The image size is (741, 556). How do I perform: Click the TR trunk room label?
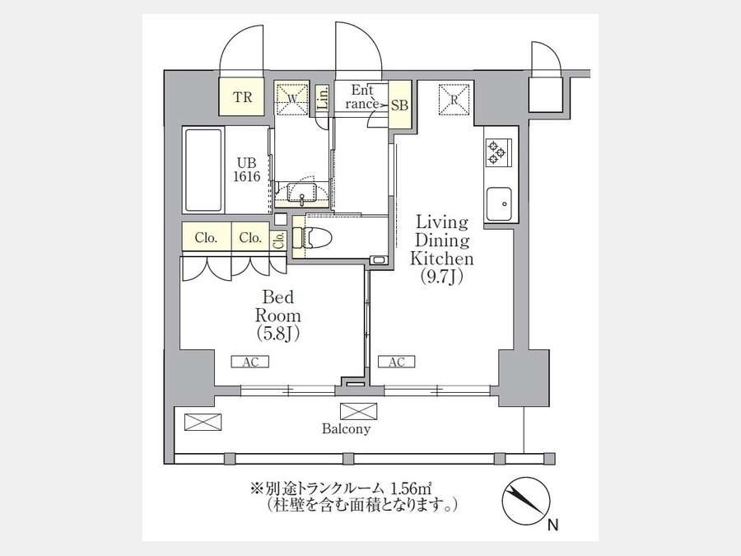tap(242, 97)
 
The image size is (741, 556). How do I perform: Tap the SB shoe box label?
tap(399, 105)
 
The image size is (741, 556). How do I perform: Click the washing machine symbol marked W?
tap(292, 99)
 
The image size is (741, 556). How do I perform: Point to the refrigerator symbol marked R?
tap(454, 100)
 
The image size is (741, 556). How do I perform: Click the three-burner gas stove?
tap(497, 152)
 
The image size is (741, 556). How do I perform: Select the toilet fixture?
tap(312, 237)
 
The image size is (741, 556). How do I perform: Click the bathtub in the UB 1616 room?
tap(203, 171)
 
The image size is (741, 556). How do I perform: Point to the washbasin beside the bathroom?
tap(302, 193)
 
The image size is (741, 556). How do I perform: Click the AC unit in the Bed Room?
tap(250, 362)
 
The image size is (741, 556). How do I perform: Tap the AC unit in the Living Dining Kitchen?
tap(397, 362)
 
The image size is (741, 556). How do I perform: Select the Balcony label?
tap(346, 429)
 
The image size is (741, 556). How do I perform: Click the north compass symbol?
tap(526, 502)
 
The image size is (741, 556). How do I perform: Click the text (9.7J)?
tap(441, 277)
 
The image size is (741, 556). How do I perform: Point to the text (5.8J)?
tap(278, 334)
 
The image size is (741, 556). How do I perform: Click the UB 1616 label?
tap(248, 170)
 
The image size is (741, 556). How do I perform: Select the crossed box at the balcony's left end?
tap(203, 423)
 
